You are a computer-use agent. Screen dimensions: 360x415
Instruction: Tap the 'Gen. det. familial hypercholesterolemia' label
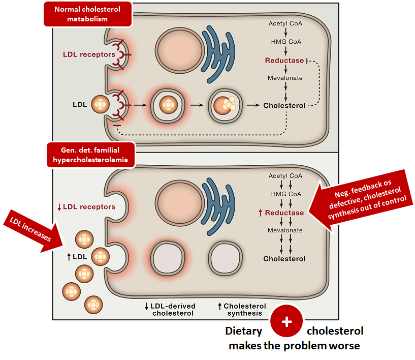pyautogui.click(x=91, y=155)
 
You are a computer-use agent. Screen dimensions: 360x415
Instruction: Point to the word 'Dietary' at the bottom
pyautogui.click(x=244, y=332)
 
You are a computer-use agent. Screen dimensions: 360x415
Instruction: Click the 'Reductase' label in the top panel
pyautogui.click(x=284, y=61)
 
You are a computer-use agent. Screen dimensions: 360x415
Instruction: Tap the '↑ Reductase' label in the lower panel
pyautogui.click(x=281, y=213)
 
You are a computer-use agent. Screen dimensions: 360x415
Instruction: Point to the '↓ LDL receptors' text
pyautogui.click(x=86, y=206)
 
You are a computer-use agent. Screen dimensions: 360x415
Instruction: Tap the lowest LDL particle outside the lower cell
pyautogui.click(x=93, y=305)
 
